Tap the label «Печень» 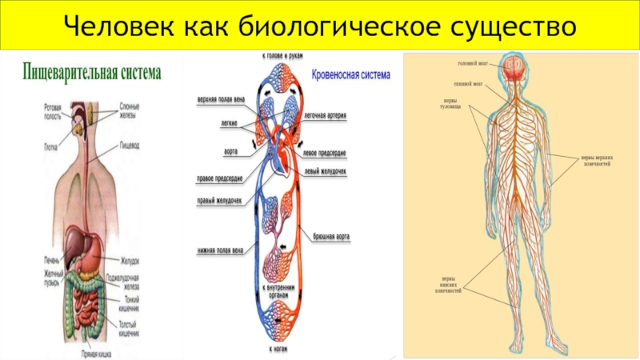pyautogui.click(x=51, y=260)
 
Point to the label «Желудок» pyautogui.click(x=130, y=260)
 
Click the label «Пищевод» pyautogui.click(x=130, y=146)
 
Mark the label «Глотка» pyautogui.click(x=52, y=146)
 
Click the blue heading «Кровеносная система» pyautogui.click(x=350, y=75)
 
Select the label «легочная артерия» pyautogui.click(x=326, y=115)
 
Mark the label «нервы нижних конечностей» pyautogui.click(x=454, y=284)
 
